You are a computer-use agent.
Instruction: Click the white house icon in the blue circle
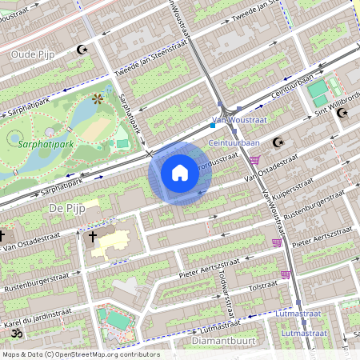(x=180, y=173)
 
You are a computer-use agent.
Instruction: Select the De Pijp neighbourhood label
(x=66, y=208)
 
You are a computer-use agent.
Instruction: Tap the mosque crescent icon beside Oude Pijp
(x=80, y=50)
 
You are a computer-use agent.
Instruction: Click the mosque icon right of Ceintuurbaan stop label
(x=278, y=142)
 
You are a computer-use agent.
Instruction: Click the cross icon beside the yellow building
(x=92, y=237)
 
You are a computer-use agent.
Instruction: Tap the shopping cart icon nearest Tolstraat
(x=285, y=274)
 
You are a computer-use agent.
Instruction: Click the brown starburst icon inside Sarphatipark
(x=98, y=99)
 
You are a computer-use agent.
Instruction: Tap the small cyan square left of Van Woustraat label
(x=212, y=125)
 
